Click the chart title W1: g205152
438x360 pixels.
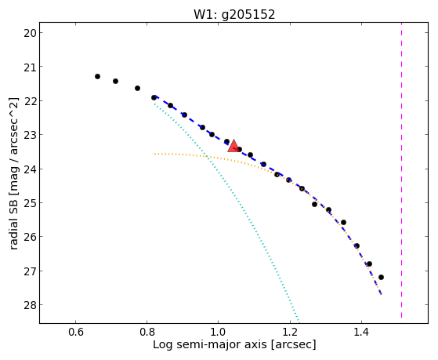[x=234, y=15]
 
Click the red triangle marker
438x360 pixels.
[x=233, y=147]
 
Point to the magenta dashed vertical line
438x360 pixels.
[x=401, y=170]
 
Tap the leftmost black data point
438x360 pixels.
[x=97, y=76]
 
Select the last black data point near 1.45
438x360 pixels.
[x=381, y=277]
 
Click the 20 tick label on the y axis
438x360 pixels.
[x=30, y=33]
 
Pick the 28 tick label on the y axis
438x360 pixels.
[x=30, y=305]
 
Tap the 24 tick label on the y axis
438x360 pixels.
[x=30, y=169]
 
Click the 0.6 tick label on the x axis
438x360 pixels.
[x=76, y=332]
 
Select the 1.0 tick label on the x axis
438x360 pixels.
[x=218, y=332]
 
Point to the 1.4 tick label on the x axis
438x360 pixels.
[x=361, y=332]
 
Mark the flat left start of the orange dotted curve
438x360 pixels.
[x=155, y=154]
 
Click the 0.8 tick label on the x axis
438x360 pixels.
[x=147, y=332]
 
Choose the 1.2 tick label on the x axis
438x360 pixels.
[x=290, y=332]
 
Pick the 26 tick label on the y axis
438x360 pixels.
[x=30, y=237]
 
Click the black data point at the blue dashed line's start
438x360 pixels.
[x=154, y=97]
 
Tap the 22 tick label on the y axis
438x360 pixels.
[x=30, y=100]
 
